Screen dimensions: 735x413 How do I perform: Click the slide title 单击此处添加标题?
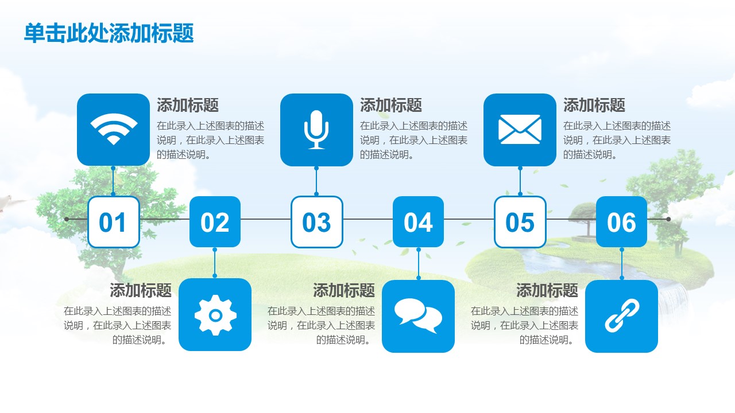click(109, 33)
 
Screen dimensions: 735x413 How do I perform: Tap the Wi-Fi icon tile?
click(113, 130)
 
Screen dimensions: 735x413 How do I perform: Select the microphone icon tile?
click(316, 130)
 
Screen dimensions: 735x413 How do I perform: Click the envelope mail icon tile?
click(520, 130)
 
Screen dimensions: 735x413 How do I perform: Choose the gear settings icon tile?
click(215, 315)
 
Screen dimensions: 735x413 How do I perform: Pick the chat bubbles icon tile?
click(419, 316)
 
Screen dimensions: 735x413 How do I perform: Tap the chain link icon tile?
click(621, 316)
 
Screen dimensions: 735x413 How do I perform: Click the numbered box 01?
click(114, 222)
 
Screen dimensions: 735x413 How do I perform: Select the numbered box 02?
click(215, 222)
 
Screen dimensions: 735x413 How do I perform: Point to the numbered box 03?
click(316, 222)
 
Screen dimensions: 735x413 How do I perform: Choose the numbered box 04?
click(419, 222)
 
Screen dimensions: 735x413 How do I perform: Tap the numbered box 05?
click(520, 222)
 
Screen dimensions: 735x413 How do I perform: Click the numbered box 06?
click(621, 222)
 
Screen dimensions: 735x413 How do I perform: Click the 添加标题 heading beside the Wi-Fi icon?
click(188, 105)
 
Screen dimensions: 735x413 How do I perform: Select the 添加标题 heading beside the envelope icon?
click(594, 105)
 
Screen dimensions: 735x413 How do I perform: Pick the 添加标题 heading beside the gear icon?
click(141, 290)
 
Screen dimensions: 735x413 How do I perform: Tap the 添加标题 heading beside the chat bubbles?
click(344, 290)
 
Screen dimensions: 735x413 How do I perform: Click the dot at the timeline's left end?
click(67, 219)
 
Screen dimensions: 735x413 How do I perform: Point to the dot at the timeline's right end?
click(668, 219)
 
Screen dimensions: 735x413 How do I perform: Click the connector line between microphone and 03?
click(316, 181)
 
